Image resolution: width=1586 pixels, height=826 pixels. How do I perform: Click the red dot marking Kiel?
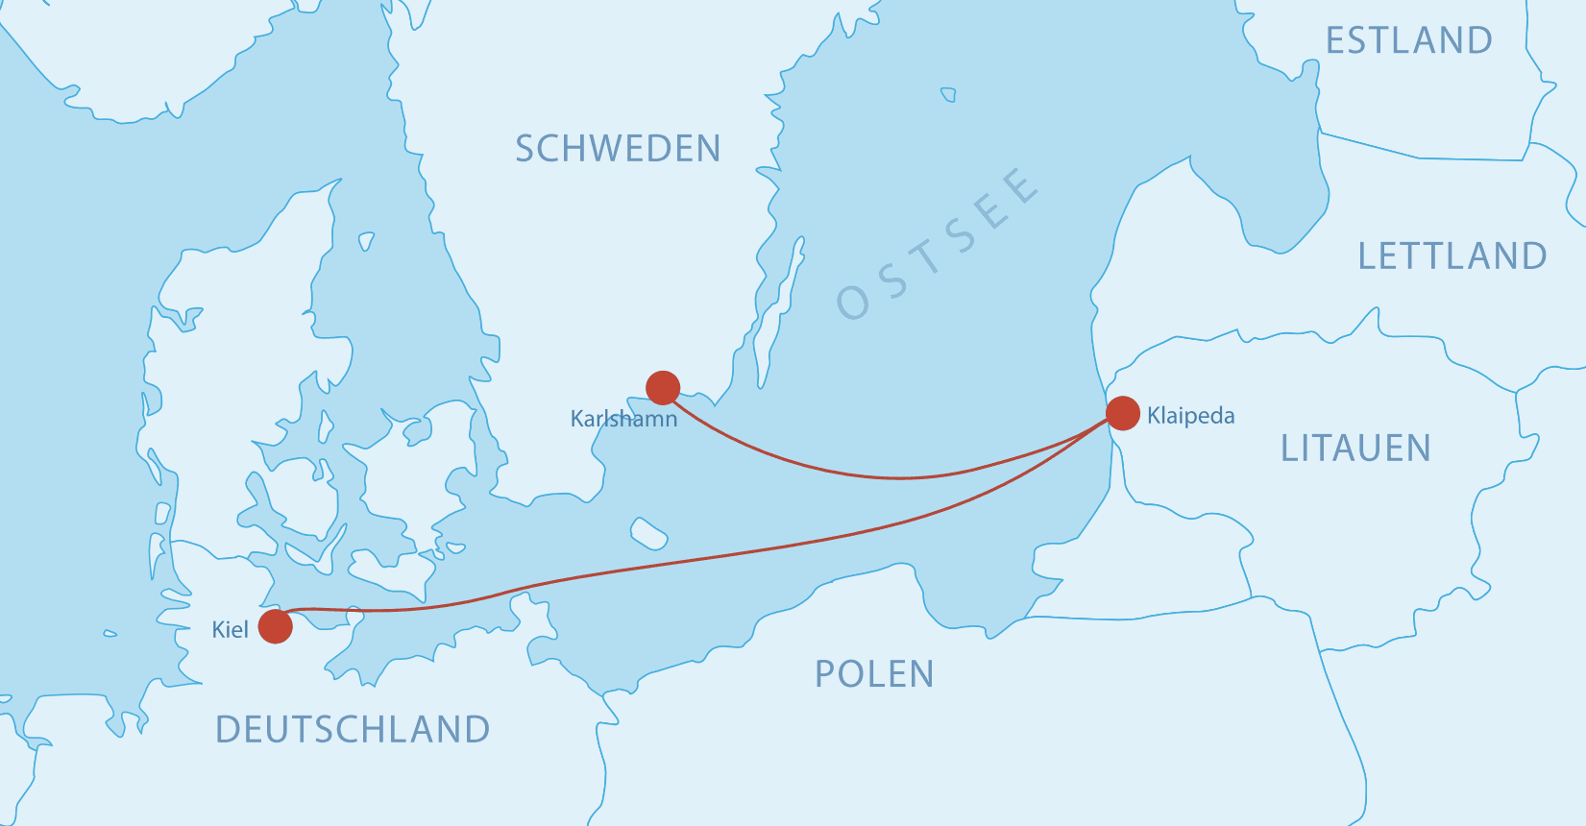276,625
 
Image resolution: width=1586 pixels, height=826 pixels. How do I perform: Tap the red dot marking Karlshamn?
663,388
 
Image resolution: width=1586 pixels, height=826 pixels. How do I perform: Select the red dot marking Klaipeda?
1122,413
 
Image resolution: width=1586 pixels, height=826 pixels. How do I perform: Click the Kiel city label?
230,630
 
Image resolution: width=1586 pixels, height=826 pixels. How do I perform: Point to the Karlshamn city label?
623,419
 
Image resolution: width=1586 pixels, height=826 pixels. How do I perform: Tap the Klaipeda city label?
1190,416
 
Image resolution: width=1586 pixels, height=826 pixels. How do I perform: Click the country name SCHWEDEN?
618,149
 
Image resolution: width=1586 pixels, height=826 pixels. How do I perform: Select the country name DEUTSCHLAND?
353,730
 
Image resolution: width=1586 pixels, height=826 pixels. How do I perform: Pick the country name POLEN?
874,674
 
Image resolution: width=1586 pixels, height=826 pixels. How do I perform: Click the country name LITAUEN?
1355,449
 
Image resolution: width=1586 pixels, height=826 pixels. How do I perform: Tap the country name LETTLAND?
1452,256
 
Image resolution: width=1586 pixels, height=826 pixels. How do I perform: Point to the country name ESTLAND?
1408,40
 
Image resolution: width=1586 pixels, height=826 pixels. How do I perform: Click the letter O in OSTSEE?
853,302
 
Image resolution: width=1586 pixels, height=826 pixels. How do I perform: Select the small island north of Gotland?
948,94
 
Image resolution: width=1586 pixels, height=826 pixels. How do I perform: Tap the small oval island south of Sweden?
648,532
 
